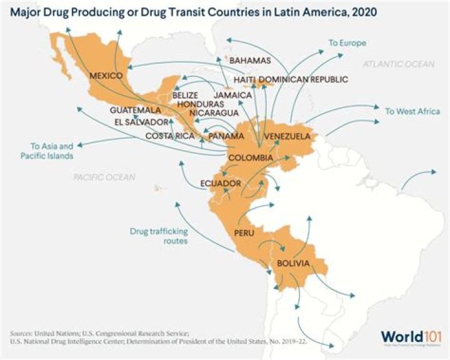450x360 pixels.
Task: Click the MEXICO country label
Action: click(105, 76)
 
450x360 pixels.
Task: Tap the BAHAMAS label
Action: click(250, 61)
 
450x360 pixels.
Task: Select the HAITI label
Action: click(244, 80)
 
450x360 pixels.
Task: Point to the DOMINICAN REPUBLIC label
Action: click(303, 80)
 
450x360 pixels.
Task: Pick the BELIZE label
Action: click(185, 95)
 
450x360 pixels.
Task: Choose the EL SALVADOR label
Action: click(142, 122)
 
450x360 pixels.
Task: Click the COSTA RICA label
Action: click(170, 136)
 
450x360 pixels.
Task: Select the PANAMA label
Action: click(226, 136)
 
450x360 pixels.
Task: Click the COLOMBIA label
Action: click(250, 157)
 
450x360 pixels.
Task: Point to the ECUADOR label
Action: click(220, 183)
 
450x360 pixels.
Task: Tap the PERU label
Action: click(244, 232)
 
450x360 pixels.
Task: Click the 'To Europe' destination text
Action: click(347, 43)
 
